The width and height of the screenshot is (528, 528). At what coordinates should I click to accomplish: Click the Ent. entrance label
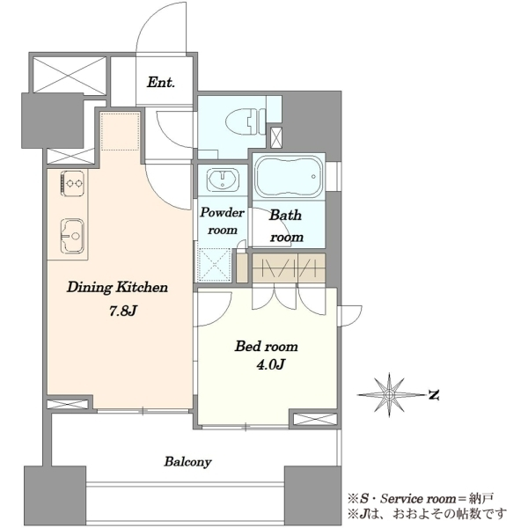(161, 82)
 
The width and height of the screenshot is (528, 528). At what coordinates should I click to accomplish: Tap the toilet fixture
(246, 121)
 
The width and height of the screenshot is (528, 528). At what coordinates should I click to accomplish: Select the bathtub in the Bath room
(289, 177)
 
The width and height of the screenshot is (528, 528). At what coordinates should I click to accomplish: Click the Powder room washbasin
(223, 179)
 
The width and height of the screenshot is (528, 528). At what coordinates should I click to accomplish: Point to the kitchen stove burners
(72, 183)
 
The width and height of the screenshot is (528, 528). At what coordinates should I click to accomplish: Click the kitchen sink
(72, 236)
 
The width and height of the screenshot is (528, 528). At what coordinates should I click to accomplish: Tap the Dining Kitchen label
(117, 287)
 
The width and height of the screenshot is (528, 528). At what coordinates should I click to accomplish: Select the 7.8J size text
(122, 312)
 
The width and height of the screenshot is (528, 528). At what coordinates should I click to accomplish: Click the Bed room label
(267, 346)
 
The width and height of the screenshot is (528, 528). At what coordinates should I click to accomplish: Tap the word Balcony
(187, 462)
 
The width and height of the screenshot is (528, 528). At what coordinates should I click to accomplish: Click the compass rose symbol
(390, 394)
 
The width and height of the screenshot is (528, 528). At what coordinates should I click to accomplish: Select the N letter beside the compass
(433, 394)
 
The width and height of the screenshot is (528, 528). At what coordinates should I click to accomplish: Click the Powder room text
(223, 221)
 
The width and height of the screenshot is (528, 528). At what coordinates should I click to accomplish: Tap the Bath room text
(286, 225)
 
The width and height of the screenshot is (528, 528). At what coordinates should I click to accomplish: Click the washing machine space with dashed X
(215, 265)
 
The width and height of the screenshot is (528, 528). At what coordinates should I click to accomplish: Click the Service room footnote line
(421, 499)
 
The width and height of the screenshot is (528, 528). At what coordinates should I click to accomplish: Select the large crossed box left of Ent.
(70, 75)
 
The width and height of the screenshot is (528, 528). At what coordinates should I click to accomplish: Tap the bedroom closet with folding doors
(289, 268)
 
